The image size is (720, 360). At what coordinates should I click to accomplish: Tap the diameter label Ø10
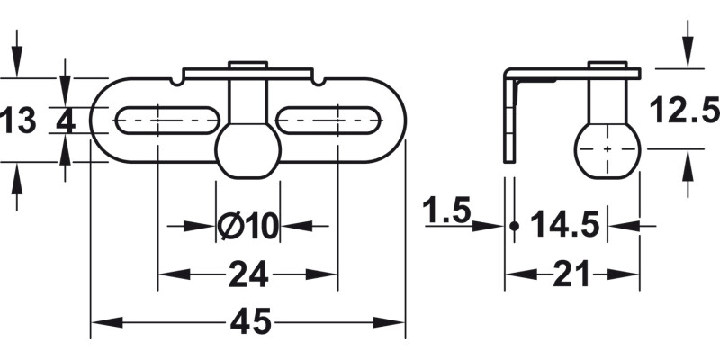pyautogui.click(x=247, y=226)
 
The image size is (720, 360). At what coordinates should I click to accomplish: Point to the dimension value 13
pyautogui.click(x=18, y=120)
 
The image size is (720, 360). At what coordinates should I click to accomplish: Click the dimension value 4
pyautogui.click(x=65, y=120)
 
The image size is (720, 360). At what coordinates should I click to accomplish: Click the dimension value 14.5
pyautogui.click(x=564, y=225)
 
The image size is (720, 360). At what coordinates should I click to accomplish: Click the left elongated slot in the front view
pyautogui.click(x=166, y=120)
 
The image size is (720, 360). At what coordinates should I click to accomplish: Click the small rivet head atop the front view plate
pyautogui.click(x=247, y=65)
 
